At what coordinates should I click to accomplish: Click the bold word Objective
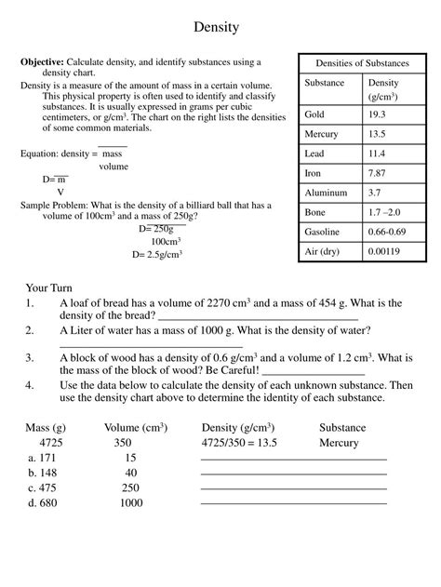click(42, 62)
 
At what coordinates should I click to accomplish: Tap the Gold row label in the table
click(315, 114)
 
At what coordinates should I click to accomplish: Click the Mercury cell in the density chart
click(321, 134)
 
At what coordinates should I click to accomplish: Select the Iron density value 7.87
click(378, 173)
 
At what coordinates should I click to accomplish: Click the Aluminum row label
click(326, 193)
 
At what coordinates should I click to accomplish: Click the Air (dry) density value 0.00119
click(385, 251)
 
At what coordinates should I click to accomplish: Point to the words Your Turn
click(49, 288)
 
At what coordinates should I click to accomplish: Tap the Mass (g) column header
click(46, 428)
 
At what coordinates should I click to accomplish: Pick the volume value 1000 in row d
click(131, 502)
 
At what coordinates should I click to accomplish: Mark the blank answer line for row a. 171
click(293, 460)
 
